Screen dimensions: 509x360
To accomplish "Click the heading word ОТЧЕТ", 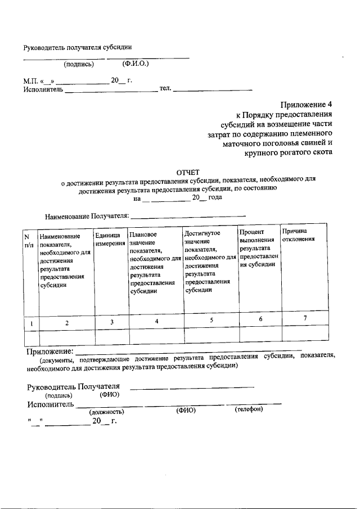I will [188, 172].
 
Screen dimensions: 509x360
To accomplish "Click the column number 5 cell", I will [211, 320].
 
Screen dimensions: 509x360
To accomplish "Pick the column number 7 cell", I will [305, 319].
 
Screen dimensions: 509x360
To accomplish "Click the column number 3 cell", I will [112, 322].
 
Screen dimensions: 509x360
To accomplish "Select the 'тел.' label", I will [165, 89].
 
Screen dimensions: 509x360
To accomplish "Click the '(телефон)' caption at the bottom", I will [249, 409].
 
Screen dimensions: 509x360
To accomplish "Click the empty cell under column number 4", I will [156, 336].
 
